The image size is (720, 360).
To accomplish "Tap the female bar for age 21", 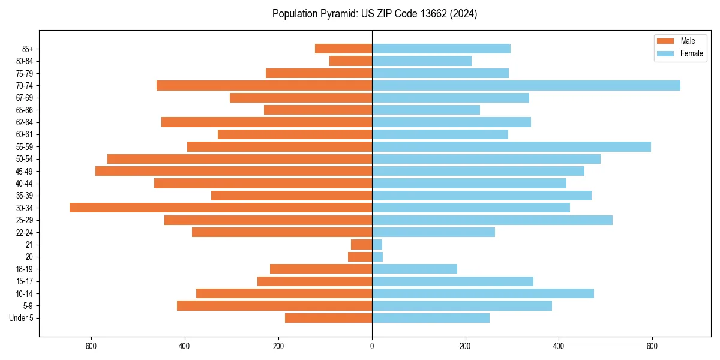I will (377, 244).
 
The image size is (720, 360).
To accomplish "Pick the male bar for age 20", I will (360, 257).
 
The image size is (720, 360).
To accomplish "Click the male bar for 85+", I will (343, 49).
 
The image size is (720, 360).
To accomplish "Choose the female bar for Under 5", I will (431, 318).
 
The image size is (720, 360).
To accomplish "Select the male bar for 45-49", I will (233, 171).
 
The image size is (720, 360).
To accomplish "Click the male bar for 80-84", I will (350, 61).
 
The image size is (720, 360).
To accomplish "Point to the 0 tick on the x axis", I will (372, 346).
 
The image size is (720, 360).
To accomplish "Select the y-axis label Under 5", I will (22, 318).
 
